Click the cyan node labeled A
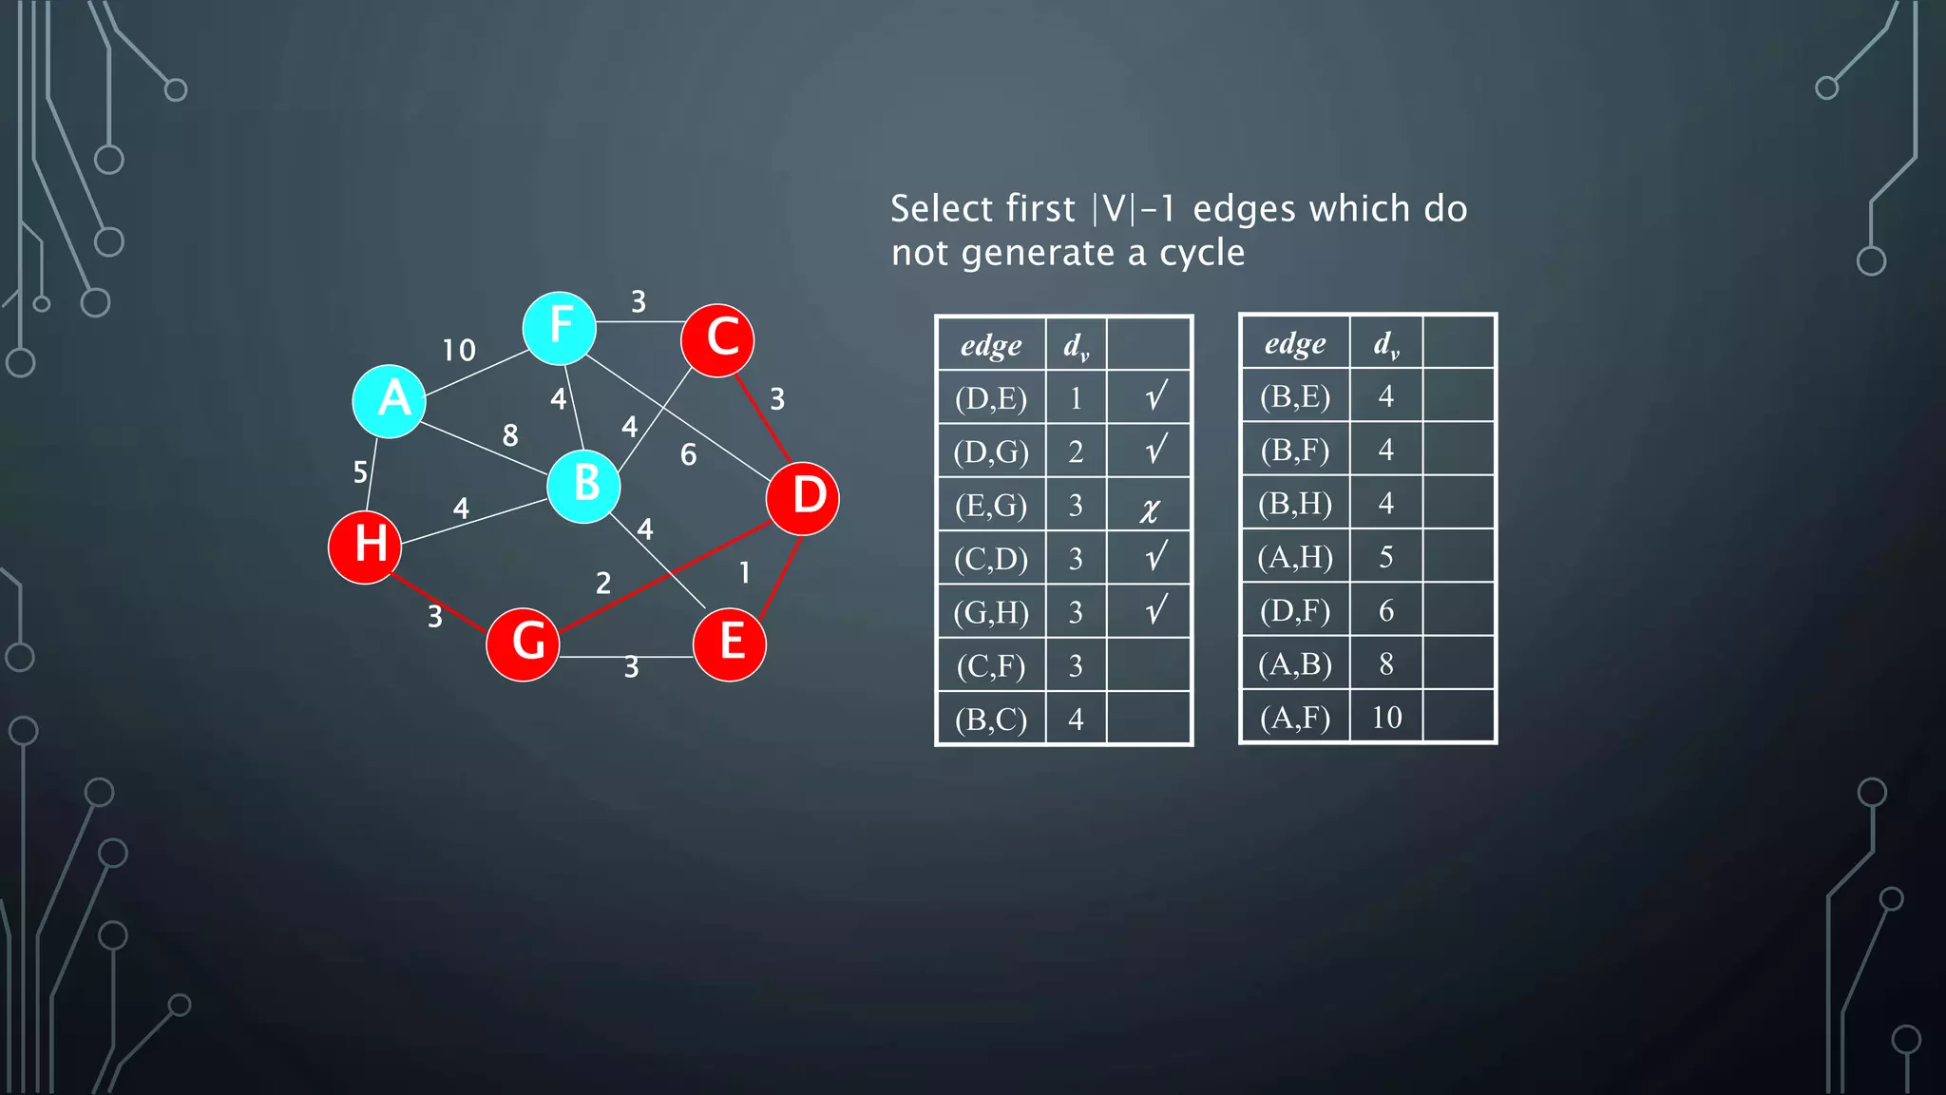390,401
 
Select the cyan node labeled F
560,328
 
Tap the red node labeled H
365,547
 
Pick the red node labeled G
523,644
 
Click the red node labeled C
718,340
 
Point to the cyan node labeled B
583,487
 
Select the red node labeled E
730,644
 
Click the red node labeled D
803,498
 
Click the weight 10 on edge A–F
459,351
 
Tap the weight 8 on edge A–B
510,435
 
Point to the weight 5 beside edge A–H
360,472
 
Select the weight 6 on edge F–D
689,455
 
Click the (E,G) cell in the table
991,505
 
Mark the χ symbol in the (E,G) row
1150,509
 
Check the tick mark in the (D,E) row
1155,396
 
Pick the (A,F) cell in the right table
1295,717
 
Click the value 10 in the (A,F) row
1386,717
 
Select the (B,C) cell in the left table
991,720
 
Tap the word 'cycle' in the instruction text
1202,253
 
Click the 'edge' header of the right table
1295,342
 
